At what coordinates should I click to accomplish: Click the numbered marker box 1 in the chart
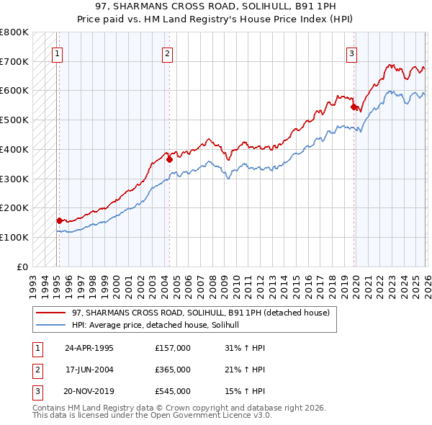57,53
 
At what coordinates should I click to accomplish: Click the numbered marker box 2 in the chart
167,53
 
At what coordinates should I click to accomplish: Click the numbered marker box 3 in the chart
351,53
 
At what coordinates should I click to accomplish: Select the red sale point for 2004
169,160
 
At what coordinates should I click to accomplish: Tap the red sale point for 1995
59,220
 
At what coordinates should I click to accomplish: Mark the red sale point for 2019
354,107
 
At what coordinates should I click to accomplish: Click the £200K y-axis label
14,207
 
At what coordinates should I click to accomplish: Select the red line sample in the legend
50,313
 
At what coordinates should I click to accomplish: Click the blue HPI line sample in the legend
50,326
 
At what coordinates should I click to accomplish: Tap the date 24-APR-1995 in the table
89,347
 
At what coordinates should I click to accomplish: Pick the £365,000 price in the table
172,370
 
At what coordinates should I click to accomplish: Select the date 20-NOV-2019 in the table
89,391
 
